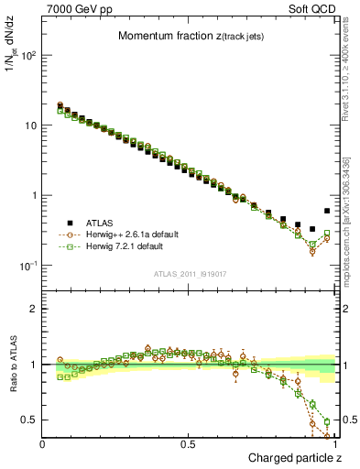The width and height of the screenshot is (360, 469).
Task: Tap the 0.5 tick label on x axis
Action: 189,444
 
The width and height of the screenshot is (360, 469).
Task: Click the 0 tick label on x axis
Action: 43,444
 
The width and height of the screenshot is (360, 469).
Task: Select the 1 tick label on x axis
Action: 335,444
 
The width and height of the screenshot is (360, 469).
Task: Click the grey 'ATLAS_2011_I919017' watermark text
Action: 189,272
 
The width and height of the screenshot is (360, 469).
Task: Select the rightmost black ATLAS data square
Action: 327,211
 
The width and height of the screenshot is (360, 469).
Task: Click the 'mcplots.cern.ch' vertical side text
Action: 353,229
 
